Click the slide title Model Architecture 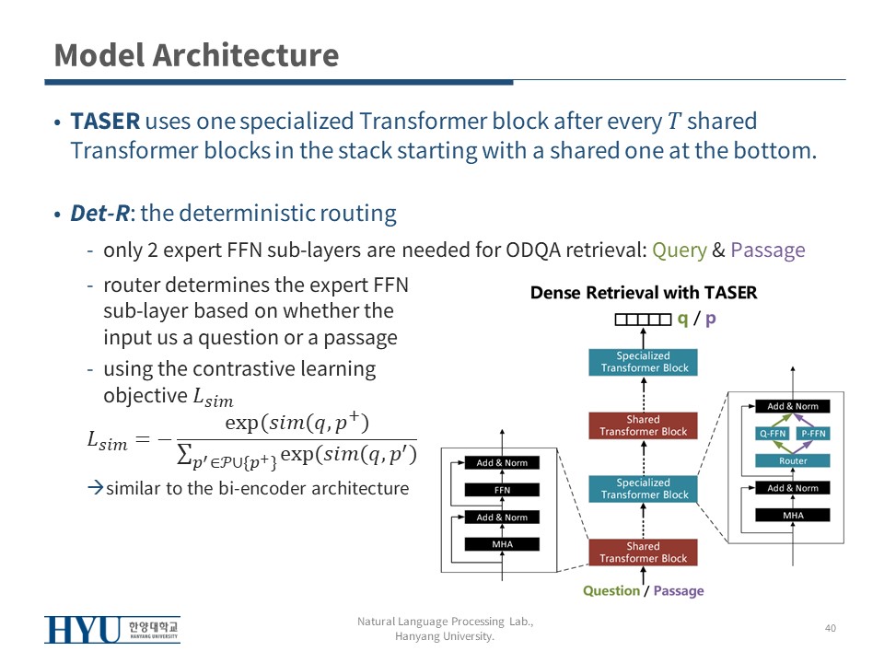(196, 55)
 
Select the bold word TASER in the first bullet (105, 122)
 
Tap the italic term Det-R (100, 215)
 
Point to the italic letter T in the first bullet (675, 122)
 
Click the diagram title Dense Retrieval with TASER (644, 293)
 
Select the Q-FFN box (773, 433)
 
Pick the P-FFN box (814, 433)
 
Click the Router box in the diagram (793, 460)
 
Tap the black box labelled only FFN (502, 490)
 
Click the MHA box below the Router (793, 516)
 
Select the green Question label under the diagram (611, 591)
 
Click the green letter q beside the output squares (682, 319)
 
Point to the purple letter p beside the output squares (711, 319)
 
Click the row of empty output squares (643, 320)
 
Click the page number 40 (830, 628)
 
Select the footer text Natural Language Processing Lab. (445, 622)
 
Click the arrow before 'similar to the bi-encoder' (94, 488)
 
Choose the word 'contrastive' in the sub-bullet (277, 369)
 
